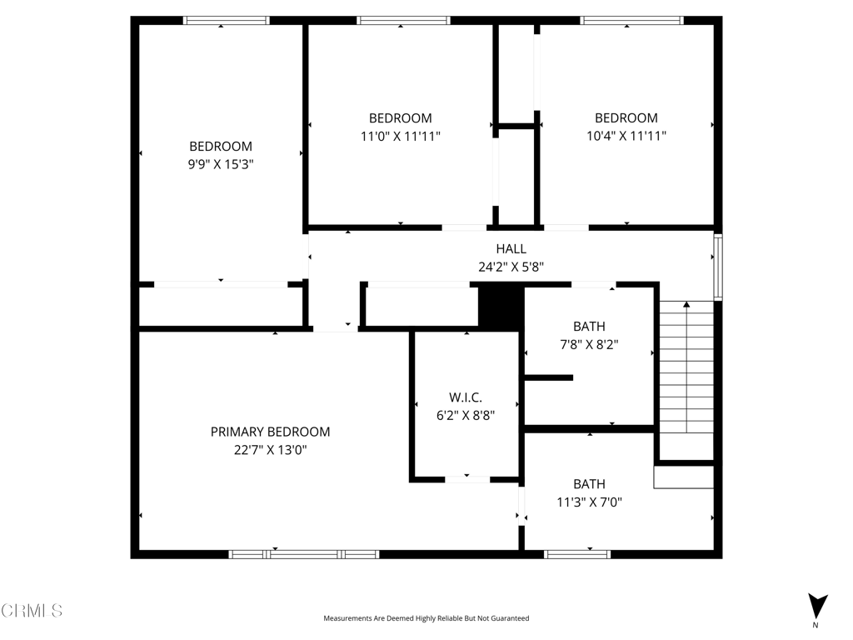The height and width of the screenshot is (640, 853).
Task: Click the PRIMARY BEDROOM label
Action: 271,432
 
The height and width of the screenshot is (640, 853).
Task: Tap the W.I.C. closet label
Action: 466,397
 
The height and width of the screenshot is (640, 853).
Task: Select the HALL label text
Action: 511,248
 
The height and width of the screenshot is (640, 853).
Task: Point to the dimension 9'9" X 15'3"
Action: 221,164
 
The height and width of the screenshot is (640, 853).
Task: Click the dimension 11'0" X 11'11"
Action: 401,136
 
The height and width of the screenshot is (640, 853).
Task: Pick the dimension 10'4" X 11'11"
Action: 626,136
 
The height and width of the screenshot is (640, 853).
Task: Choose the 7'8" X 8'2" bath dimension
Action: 589,344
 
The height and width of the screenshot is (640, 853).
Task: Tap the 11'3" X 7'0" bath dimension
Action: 589,502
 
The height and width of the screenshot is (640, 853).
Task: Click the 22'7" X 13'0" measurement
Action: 271,449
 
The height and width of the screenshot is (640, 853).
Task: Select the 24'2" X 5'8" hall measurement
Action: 511,267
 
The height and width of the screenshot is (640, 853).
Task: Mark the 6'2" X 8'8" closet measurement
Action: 466,415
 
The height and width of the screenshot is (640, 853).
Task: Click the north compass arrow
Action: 818,607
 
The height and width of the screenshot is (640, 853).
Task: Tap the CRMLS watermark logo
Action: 32,610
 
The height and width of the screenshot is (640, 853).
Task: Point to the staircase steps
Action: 686,367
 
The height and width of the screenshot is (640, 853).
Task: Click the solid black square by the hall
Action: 501,307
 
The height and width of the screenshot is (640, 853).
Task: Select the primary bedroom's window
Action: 304,554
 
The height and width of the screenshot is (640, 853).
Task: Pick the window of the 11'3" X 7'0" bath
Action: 577,554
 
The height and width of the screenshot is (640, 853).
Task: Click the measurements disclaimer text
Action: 426,618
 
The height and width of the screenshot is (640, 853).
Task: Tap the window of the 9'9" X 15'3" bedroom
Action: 227,21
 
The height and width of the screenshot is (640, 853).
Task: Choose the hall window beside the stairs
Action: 718,267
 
